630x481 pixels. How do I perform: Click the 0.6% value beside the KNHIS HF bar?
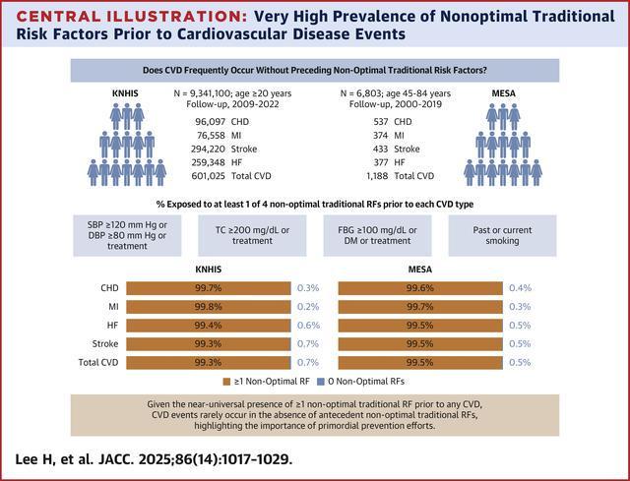coord(307,326)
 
